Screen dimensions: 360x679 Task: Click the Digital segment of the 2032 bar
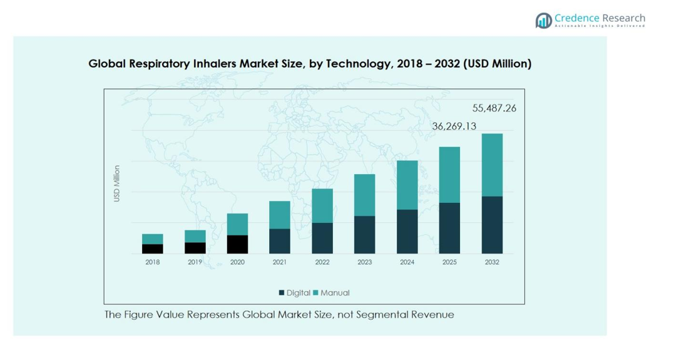pyautogui.click(x=492, y=225)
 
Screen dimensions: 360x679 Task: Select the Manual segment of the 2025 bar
pyautogui.click(x=449, y=175)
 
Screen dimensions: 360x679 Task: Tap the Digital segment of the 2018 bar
pyautogui.click(x=153, y=249)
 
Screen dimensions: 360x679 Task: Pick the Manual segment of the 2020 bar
pyautogui.click(x=237, y=224)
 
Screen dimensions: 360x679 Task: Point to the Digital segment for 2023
pyautogui.click(x=365, y=235)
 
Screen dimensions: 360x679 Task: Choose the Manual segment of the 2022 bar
pyautogui.click(x=322, y=205)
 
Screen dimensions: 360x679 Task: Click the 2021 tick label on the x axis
pyautogui.click(x=280, y=262)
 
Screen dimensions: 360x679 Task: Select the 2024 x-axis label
pyautogui.click(x=407, y=262)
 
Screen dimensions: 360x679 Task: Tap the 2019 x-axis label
pyautogui.click(x=195, y=262)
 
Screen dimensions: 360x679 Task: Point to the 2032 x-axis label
pyautogui.click(x=492, y=262)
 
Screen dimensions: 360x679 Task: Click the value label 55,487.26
pyautogui.click(x=494, y=108)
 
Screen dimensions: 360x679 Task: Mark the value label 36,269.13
pyautogui.click(x=454, y=126)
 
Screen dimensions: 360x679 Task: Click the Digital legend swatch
pyautogui.click(x=282, y=293)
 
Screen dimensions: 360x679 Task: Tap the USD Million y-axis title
pyautogui.click(x=116, y=183)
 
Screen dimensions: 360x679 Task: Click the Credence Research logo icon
pyautogui.click(x=543, y=21)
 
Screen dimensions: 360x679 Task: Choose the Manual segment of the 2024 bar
pyautogui.click(x=407, y=185)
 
